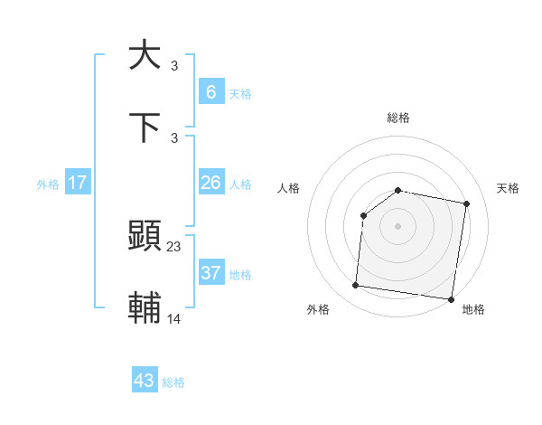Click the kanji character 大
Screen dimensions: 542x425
(145, 55)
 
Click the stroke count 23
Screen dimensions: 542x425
(174, 246)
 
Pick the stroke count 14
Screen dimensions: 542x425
(174, 318)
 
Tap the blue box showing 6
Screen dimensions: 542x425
(210, 91)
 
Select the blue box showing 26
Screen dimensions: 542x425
(210, 183)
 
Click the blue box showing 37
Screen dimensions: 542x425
(210, 273)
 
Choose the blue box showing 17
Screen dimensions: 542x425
(78, 183)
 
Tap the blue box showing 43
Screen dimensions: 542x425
(144, 381)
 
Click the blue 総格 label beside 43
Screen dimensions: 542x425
(173, 382)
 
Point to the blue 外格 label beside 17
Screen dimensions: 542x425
(48, 184)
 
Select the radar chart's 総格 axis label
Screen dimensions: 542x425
(398, 118)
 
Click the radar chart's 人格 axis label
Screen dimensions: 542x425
(289, 188)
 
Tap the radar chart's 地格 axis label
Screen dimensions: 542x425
(473, 310)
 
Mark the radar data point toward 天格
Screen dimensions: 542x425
(467, 203)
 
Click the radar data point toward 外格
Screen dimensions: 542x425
(355, 286)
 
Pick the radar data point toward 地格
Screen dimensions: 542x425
(450, 298)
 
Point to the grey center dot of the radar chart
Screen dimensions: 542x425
(398, 225)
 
